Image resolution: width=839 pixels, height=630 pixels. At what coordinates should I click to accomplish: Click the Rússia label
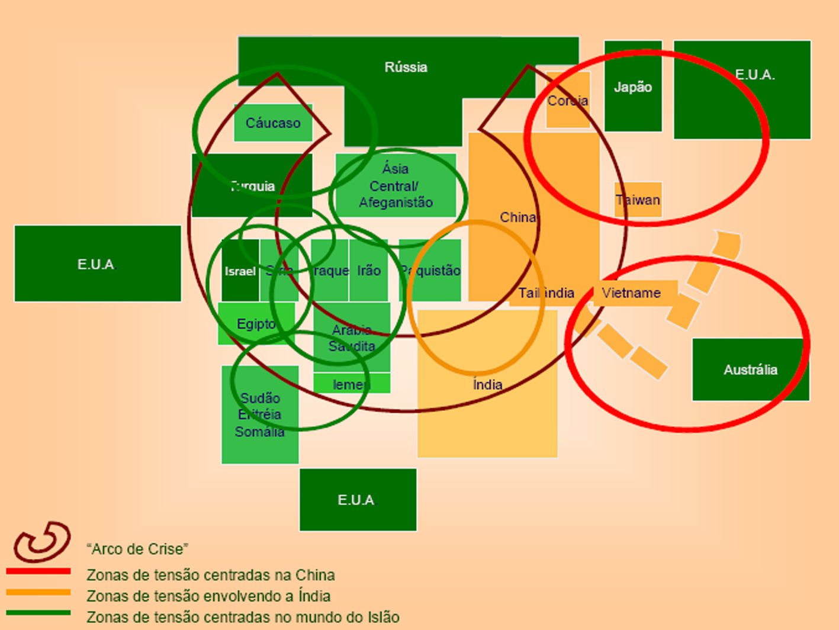(406, 67)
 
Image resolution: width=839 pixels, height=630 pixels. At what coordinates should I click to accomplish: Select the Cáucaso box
(273, 123)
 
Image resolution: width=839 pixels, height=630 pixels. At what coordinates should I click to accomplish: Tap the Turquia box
(252, 185)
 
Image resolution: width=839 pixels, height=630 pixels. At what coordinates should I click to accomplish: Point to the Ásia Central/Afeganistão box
(396, 186)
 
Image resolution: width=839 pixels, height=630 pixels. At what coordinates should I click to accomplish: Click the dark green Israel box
(240, 271)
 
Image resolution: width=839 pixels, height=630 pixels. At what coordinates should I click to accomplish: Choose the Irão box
(368, 271)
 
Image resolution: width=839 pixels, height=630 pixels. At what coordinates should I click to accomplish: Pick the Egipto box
(256, 324)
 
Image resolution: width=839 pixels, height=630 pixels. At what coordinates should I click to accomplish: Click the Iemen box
(351, 384)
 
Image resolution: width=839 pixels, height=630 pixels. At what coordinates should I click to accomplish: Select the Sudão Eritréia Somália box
(260, 414)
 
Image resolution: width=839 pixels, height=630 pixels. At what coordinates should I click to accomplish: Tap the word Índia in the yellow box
(487, 385)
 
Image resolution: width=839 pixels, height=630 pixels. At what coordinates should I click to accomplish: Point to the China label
(517, 217)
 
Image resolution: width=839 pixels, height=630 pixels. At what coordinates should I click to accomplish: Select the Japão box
(632, 87)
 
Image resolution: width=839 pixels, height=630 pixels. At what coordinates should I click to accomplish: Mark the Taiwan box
(638, 200)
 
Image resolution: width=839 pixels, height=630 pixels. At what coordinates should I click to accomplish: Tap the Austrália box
(750, 370)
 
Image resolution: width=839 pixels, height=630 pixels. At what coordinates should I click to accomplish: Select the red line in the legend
(38, 571)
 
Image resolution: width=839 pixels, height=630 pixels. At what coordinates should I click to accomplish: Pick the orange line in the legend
(38, 592)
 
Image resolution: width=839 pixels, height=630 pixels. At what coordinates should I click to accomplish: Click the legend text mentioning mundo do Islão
(243, 617)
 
